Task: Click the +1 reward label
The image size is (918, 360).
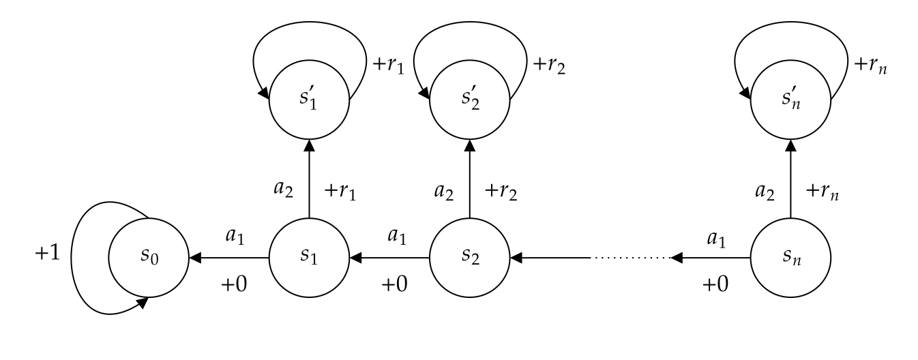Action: click(x=48, y=253)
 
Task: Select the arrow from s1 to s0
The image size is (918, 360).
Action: click(x=229, y=258)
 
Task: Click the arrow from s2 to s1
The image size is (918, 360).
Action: click(x=389, y=258)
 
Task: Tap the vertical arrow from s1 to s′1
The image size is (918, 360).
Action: click(x=309, y=179)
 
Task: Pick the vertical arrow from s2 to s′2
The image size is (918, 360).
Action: click(x=470, y=179)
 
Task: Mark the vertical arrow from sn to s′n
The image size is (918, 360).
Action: click(x=790, y=179)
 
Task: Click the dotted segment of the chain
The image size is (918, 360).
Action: click(x=630, y=258)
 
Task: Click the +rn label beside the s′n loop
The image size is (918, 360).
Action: click(x=870, y=65)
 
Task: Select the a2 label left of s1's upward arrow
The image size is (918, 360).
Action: click(x=283, y=190)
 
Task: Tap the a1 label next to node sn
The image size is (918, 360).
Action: click(x=716, y=239)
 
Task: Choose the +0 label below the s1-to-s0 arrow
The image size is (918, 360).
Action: click(x=234, y=284)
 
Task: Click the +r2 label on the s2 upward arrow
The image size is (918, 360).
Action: click(x=501, y=192)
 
